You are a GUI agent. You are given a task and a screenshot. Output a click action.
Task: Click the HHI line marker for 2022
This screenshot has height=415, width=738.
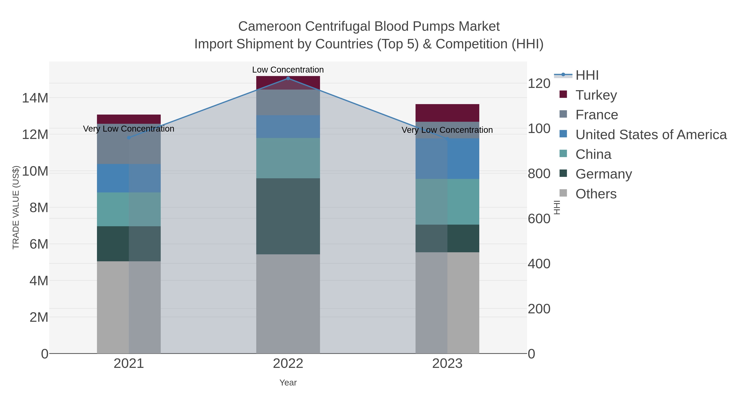tap(288, 78)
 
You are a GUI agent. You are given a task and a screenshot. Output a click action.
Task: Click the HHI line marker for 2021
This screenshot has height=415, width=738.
tap(129, 138)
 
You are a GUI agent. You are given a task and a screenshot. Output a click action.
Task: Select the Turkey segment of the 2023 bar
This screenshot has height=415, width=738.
tap(447, 113)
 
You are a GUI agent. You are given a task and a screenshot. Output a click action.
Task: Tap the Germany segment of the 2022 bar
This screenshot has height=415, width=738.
tap(288, 216)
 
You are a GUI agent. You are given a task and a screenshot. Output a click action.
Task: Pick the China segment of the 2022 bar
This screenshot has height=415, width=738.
tap(288, 158)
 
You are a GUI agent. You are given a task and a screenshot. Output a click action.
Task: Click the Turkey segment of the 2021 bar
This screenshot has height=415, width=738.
tap(129, 119)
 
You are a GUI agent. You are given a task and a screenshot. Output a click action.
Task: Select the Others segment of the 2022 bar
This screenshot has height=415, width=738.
tap(288, 304)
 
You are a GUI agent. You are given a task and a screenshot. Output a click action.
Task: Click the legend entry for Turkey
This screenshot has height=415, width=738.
tap(596, 95)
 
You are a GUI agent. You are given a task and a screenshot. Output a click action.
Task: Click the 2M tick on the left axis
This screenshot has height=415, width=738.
tap(39, 317)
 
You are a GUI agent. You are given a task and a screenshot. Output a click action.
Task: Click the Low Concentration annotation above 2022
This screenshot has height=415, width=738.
tap(288, 70)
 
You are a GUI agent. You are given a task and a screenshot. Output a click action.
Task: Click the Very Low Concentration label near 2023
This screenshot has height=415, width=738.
tap(447, 130)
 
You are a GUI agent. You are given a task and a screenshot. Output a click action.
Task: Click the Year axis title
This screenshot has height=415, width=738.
tap(288, 383)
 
